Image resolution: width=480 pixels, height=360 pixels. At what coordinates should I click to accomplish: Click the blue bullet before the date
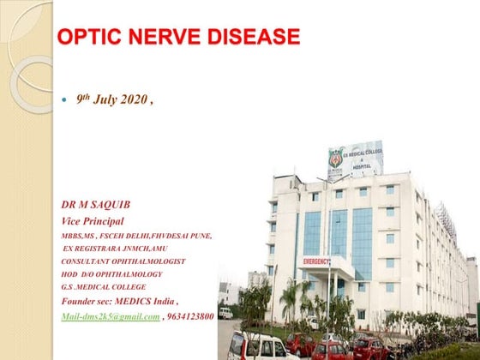[x=67, y=101]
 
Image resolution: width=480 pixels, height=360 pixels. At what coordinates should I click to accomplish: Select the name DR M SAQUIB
[x=97, y=206]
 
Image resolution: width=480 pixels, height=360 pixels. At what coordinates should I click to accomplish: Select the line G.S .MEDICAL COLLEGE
[x=104, y=287]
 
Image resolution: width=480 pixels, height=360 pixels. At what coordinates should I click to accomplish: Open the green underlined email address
[x=111, y=317]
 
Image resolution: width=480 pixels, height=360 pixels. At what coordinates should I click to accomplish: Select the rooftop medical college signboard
[x=355, y=159]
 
